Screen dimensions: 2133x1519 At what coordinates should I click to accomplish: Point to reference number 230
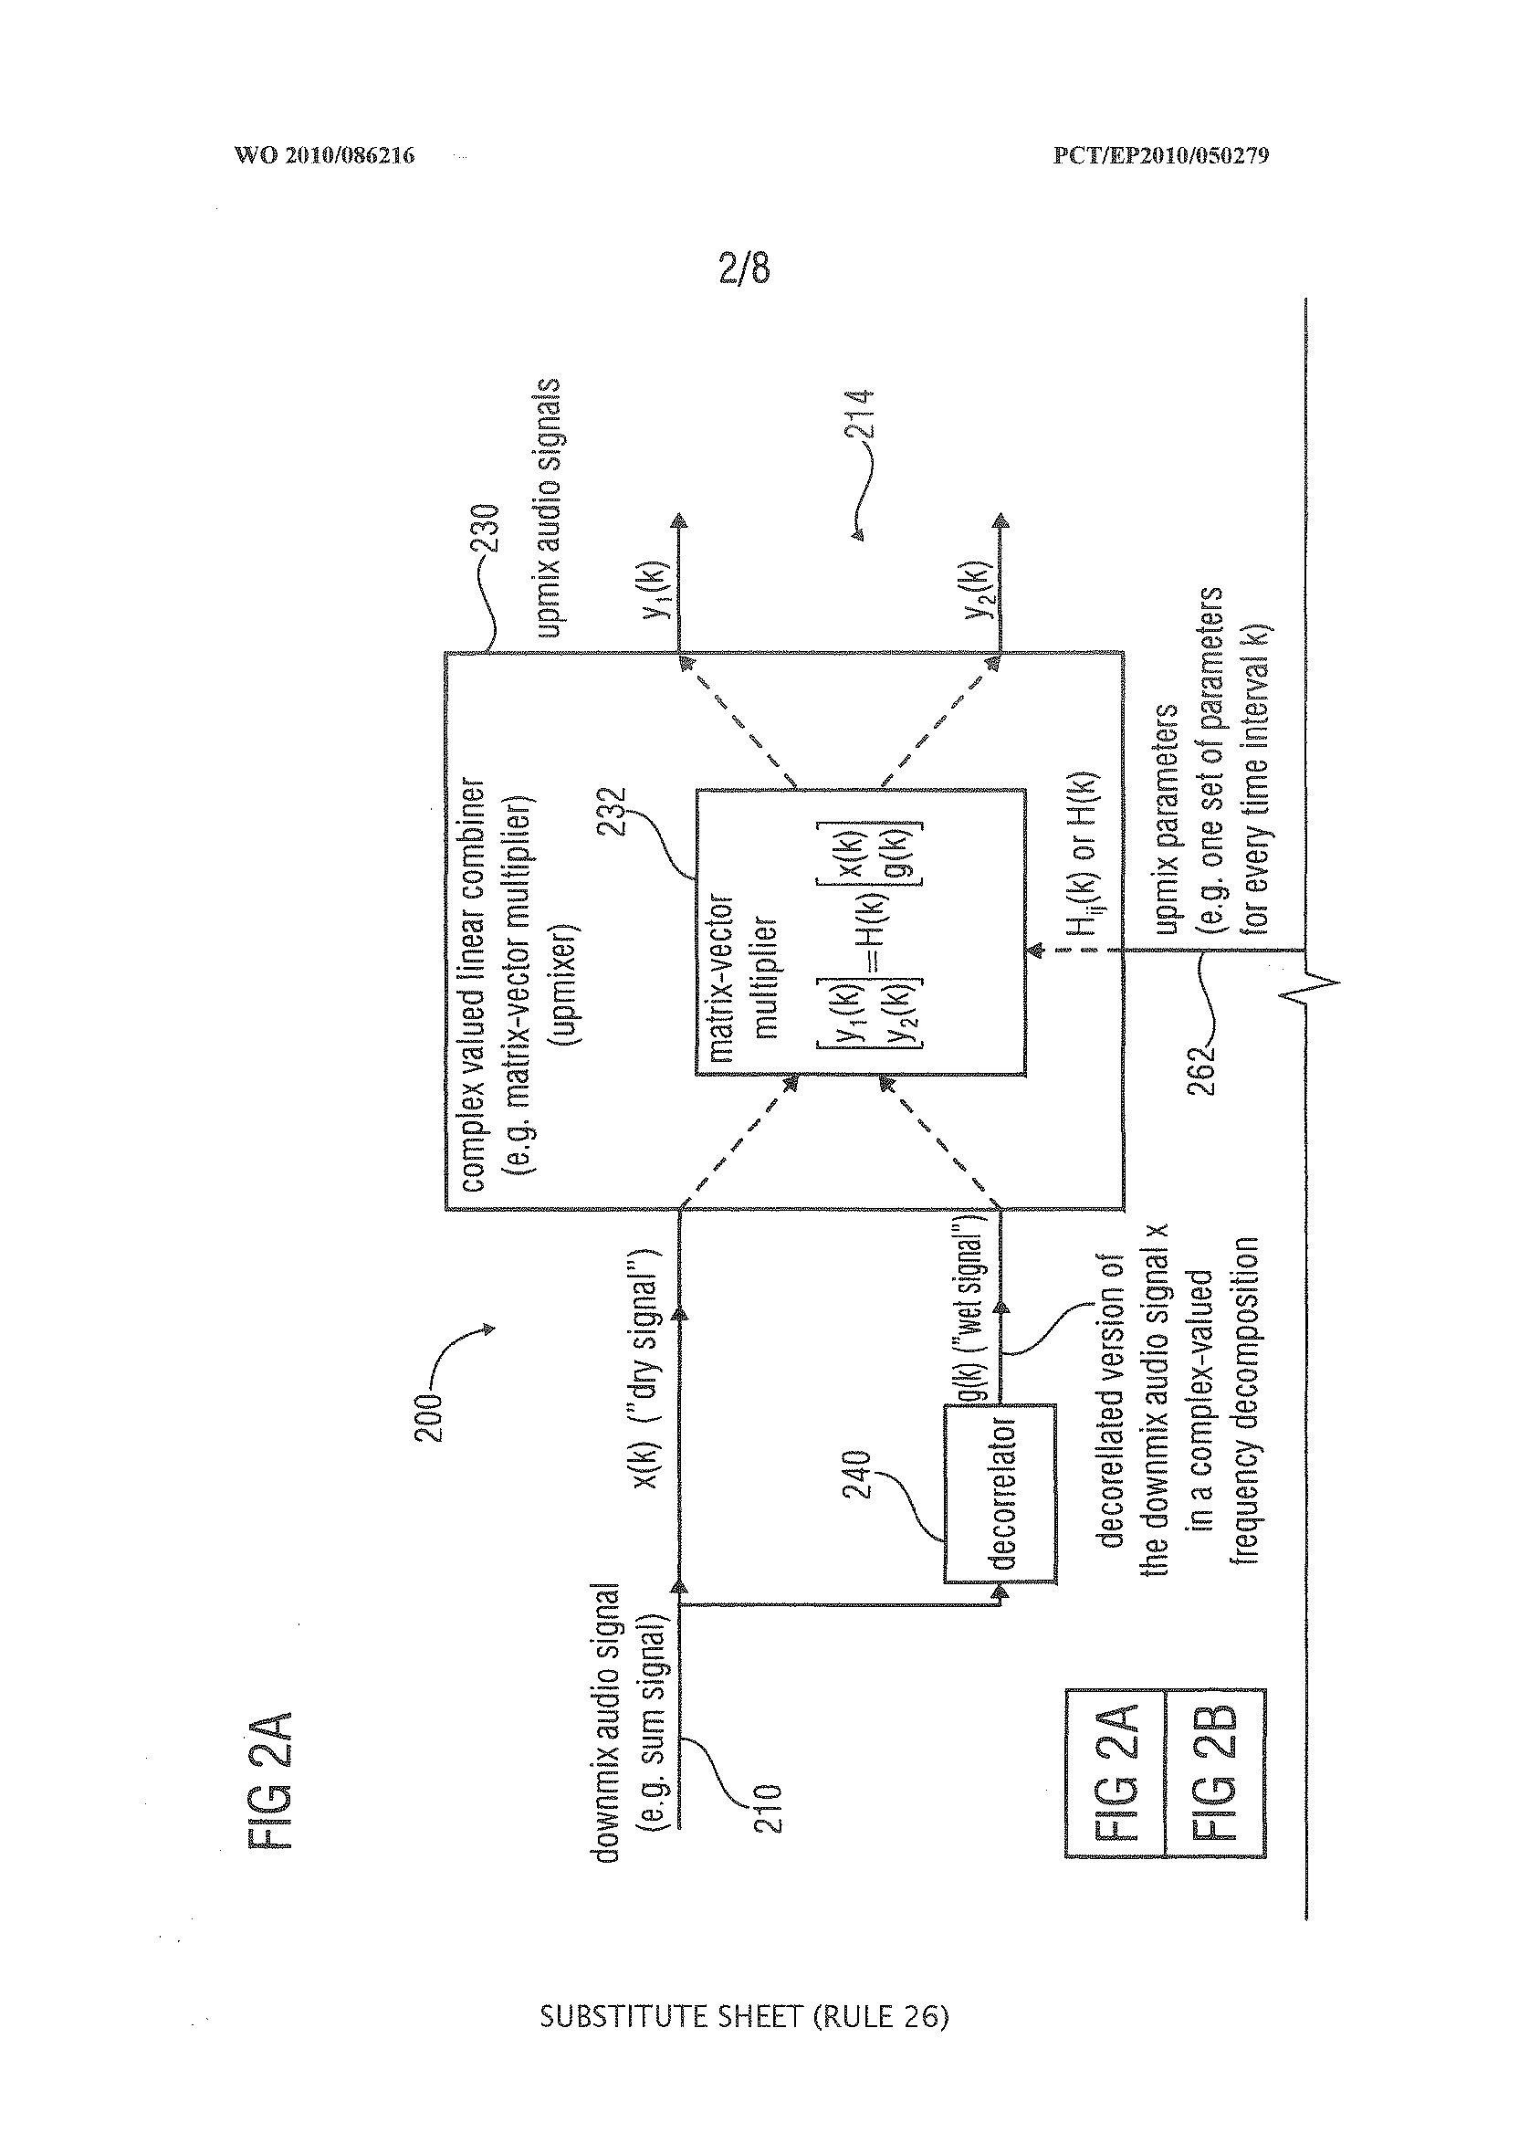click(x=490, y=531)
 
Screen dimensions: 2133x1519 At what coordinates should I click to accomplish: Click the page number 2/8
click(x=744, y=269)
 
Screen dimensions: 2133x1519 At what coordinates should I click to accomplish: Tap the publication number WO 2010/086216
click(x=324, y=155)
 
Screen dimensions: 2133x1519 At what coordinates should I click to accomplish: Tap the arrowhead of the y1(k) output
click(x=677, y=521)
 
